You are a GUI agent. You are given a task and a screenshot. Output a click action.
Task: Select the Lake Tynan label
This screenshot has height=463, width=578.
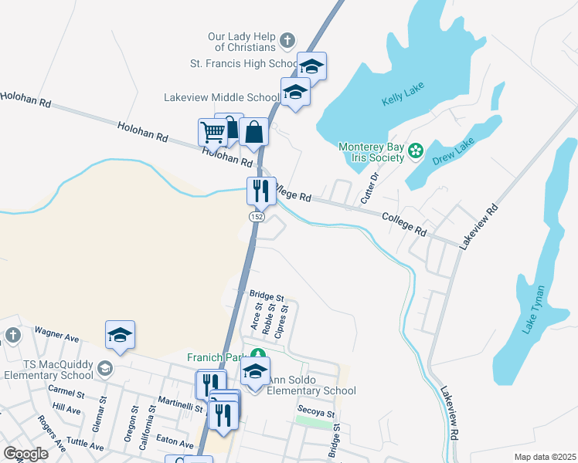533,309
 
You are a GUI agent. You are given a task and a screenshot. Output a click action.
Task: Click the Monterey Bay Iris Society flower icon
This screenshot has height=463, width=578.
416,149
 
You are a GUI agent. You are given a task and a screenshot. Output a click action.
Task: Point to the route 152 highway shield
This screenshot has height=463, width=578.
257,218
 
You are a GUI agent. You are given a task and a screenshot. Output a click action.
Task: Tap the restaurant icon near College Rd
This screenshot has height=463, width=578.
260,190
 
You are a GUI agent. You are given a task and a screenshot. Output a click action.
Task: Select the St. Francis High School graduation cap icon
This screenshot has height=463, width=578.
312,66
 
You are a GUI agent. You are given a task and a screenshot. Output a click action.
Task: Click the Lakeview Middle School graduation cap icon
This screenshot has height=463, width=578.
294,92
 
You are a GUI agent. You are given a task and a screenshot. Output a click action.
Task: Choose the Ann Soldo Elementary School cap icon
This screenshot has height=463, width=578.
254,371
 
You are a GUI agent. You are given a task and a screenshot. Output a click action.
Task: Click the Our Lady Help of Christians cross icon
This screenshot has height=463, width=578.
287,39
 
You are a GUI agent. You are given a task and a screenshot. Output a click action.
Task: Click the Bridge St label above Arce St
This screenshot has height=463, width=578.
267,296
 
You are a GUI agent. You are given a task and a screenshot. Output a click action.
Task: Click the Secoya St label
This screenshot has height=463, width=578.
316,413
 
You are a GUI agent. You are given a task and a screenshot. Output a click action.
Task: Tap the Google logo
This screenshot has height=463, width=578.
25,454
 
